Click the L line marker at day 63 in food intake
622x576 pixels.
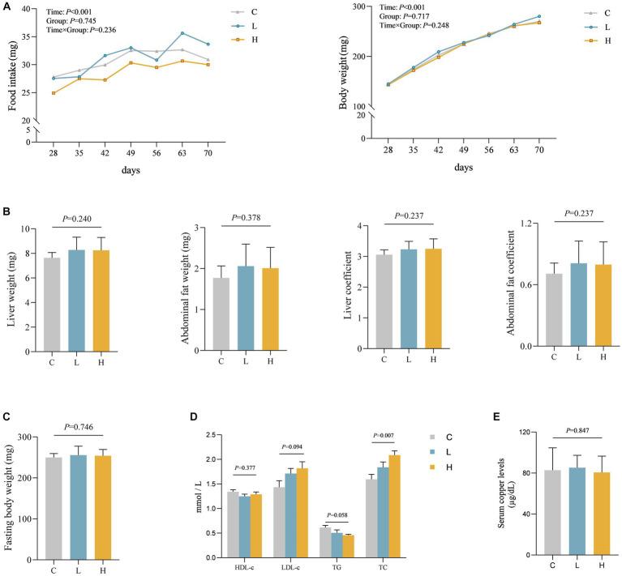tap(183, 33)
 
